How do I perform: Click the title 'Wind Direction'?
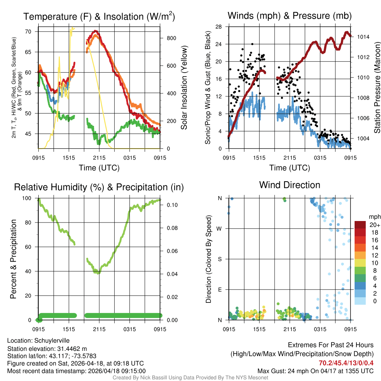(289, 185)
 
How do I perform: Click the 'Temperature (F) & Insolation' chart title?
(99, 17)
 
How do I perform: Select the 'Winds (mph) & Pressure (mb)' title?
(289, 16)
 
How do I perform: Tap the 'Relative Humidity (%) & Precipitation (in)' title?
(99, 187)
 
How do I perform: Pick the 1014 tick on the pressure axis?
(362, 37)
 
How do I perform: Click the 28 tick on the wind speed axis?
(219, 27)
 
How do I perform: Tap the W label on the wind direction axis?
(220, 228)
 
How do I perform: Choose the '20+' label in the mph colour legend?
(373, 225)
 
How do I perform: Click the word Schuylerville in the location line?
(52, 340)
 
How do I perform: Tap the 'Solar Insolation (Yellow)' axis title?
(184, 88)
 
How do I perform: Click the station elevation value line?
(47, 349)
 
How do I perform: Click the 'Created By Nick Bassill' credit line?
(190, 378)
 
